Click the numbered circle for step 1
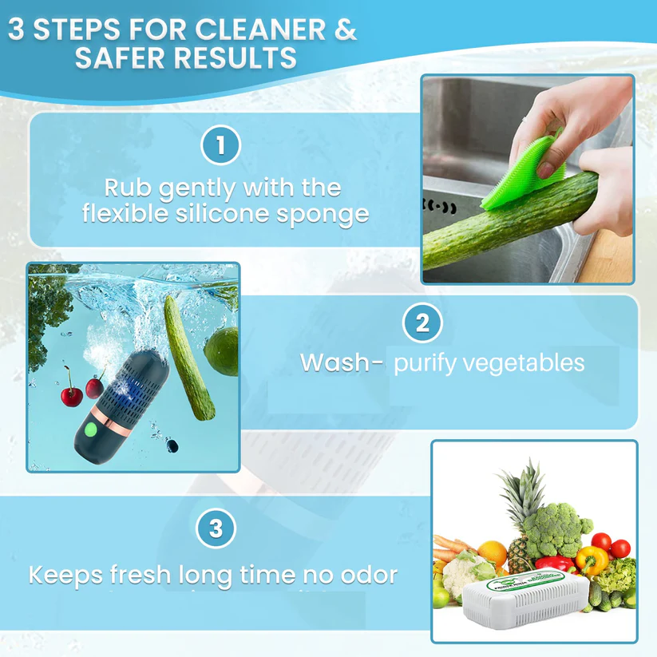click(x=220, y=146)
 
